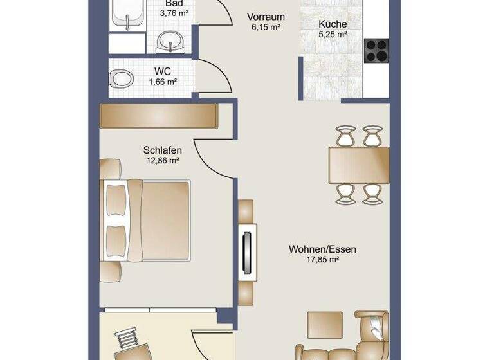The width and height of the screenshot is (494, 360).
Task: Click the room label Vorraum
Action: click(266, 17)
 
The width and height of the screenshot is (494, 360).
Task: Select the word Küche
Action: click(333, 24)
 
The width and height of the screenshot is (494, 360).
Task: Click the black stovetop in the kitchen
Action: click(376, 50)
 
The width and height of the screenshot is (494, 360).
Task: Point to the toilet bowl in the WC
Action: click(121, 79)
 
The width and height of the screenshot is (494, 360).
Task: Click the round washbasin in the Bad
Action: click(170, 40)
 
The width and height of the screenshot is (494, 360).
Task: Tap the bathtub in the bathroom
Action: click(126, 14)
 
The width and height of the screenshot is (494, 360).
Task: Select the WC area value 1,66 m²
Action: click(163, 82)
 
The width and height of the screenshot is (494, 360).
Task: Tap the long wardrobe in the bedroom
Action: click(160, 116)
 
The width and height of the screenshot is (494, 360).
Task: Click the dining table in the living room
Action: click(359, 165)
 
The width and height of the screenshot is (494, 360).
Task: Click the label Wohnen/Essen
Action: click(323, 249)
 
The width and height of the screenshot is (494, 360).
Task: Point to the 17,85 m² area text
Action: click(323, 260)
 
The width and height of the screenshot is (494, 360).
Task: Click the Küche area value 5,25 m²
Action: click(333, 35)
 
